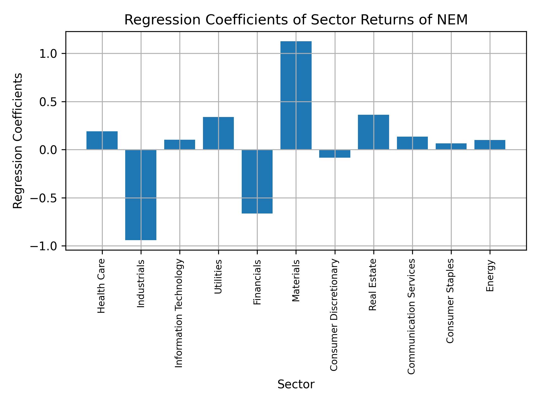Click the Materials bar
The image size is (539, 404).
point(296,95)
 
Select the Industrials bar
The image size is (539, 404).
point(141,195)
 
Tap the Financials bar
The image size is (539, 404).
point(257,182)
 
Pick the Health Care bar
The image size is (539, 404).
point(102,140)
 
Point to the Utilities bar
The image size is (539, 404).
point(218,133)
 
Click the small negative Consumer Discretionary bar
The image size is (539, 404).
point(335,154)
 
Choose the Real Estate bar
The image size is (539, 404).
point(373,132)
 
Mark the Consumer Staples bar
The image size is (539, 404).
point(451,146)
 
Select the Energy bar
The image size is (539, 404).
point(490,145)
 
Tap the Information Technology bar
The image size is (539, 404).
point(180,144)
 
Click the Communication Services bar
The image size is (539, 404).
point(412,143)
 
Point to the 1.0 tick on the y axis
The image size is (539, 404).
point(48,54)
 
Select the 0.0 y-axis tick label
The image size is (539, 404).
point(48,150)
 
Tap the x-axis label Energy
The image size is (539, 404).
point(490,276)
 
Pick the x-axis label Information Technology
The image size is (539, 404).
point(179,313)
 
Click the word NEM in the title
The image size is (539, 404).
point(454,20)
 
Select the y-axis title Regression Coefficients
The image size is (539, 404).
point(18,141)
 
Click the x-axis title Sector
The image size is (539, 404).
point(296,384)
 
